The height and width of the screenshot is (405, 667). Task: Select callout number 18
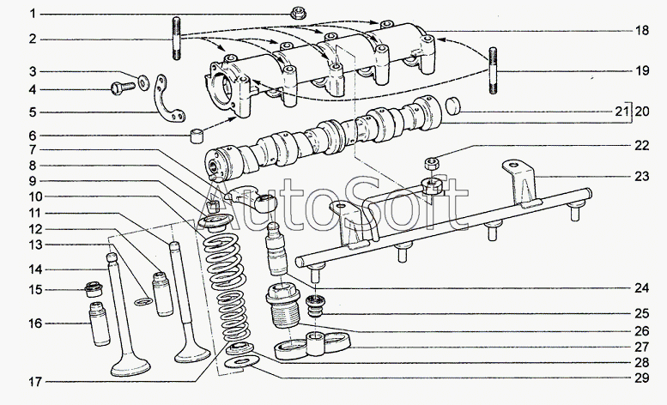click(640, 30)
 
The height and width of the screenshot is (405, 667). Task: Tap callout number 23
click(640, 178)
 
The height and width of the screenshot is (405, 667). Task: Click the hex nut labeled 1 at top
click(300, 13)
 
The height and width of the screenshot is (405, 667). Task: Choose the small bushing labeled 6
click(197, 137)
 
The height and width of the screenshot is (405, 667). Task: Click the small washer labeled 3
click(143, 82)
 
